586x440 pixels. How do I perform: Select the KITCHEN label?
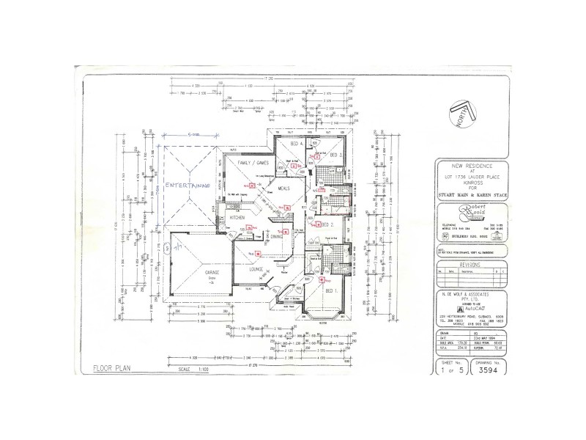pyautogui.click(x=237, y=219)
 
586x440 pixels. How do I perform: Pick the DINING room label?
pyautogui.click(x=276, y=237)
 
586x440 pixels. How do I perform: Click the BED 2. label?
pyautogui.click(x=328, y=224)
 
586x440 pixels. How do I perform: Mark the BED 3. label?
pyautogui.click(x=333, y=155)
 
